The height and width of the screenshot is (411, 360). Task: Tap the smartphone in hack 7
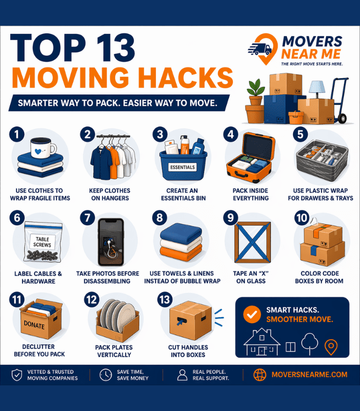click(110, 241)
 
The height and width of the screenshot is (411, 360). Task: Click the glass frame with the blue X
click(252, 242)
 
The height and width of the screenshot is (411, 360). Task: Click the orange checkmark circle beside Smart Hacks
click(251, 315)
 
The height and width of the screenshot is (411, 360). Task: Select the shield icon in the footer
click(16, 375)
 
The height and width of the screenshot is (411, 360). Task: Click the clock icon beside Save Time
click(105, 375)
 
